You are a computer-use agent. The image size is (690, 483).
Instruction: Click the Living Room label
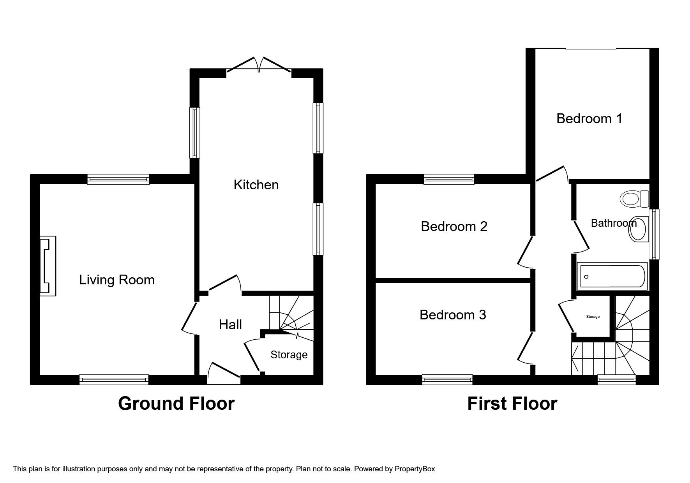coord(116,280)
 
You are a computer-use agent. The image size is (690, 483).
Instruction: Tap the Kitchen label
coord(256,185)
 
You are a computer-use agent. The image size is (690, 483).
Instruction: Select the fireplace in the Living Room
coord(48,266)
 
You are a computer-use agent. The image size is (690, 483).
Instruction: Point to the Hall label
coord(230,324)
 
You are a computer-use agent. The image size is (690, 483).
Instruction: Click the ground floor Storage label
coord(289,354)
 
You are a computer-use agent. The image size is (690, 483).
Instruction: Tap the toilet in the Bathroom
coord(634,199)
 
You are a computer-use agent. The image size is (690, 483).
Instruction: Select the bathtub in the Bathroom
coord(612,277)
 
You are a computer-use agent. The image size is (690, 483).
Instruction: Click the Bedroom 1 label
coord(589,118)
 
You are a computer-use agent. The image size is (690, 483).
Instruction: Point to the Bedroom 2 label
coord(454,226)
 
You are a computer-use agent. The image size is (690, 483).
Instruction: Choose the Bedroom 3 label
coord(453,315)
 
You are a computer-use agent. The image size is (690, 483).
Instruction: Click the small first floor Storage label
coord(593,317)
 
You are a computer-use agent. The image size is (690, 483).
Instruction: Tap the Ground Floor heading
coord(176,404)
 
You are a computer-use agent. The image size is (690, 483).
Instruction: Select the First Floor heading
coord(512,404)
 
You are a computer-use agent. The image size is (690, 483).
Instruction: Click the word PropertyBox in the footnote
coord(415,469)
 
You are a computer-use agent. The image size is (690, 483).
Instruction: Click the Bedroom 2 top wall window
coord(449,179)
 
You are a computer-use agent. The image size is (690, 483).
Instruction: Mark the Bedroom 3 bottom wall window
coord(447,379)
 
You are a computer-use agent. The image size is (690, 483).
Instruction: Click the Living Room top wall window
coord(118,179)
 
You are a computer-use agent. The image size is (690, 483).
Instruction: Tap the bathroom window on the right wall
coord(654,234)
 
